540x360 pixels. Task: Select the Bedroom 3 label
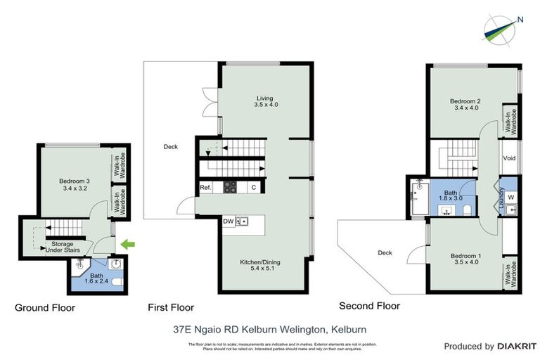tap(77, 185)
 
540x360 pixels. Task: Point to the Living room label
tap(264, 101)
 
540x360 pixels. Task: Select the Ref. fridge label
tap(206, 188)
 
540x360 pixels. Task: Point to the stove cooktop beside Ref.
tap(230, 188)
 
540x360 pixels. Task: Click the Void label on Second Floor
tap(510, 158)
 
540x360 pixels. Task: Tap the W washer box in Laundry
tap(511, 197)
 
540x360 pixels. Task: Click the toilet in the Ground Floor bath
tap(119, 281)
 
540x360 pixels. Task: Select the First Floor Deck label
tap(170, 147)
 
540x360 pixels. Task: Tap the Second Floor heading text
tap(369, 306)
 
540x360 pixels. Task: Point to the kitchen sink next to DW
tap(243, 221)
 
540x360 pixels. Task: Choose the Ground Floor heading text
tap(45, 307)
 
